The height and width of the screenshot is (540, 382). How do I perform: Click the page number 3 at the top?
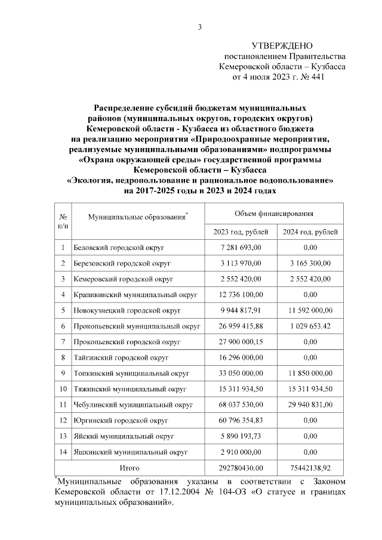201,26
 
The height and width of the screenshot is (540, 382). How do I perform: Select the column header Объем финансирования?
274,212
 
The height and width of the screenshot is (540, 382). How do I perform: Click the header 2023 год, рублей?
241,232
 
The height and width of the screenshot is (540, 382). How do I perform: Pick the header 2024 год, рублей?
310,232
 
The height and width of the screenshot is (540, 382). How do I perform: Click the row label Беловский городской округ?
118,247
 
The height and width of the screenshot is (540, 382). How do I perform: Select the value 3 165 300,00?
310,263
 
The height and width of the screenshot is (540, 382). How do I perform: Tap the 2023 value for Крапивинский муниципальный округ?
241,294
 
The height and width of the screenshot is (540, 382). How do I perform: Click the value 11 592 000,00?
310,310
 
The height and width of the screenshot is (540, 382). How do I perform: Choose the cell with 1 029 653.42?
310,326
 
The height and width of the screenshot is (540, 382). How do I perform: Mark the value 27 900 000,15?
241,342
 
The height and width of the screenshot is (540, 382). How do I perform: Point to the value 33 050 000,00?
241,374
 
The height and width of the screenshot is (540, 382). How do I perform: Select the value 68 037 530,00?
241,405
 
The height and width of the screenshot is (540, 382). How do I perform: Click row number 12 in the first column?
62,421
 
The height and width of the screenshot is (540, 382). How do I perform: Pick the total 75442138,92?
310,468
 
